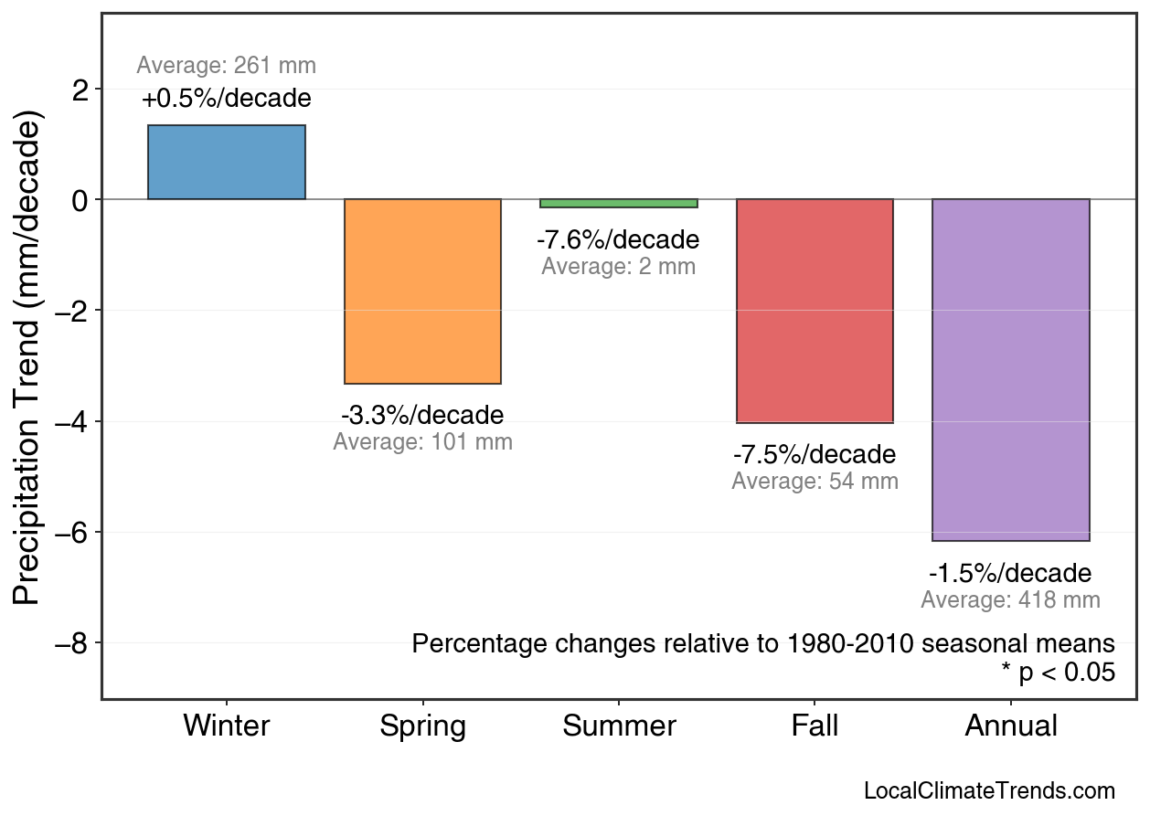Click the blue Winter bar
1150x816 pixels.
227,163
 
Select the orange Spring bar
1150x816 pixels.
422,291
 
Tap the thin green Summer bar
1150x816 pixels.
619,203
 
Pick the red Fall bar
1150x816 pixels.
815,311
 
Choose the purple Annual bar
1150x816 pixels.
1010,370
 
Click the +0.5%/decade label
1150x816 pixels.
227,99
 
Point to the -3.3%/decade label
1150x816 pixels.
422,416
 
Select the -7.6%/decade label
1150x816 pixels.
618,240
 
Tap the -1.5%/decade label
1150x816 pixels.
1010,574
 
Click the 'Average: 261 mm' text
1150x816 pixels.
227,66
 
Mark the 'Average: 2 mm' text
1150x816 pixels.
618,267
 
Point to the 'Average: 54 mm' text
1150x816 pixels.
815,482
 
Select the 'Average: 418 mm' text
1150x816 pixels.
1010,600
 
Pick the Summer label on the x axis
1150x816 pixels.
619,726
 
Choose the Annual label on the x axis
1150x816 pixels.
1010,726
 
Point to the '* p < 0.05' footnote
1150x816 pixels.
1058,673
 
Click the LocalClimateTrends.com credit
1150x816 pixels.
989,791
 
